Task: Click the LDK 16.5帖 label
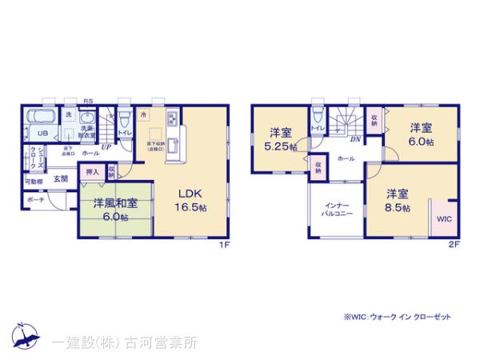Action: tap(191, 199)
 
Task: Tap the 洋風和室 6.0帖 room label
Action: tap(114, 209)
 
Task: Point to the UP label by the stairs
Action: tap(105, 148)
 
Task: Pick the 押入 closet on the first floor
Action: tap(92, 171)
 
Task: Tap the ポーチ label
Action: tap(35, 201)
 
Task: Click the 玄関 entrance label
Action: tap(61, 179)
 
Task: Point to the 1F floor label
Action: tap(226, 246)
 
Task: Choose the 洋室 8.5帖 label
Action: tap(398, 200)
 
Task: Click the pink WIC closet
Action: tap(444, 218)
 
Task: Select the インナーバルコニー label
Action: tap(333, 210)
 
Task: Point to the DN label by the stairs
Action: tap(354, 138)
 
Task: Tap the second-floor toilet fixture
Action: tap(318, 117)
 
